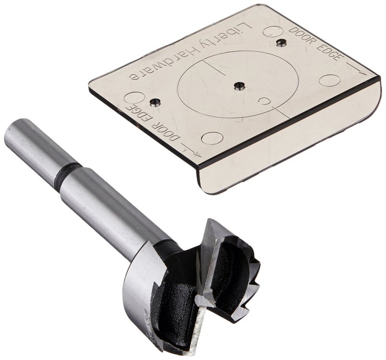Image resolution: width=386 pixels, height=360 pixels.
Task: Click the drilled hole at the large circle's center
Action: click(x=239, y=86)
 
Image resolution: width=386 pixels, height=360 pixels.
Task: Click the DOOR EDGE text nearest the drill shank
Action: click(x=153, y=123)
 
